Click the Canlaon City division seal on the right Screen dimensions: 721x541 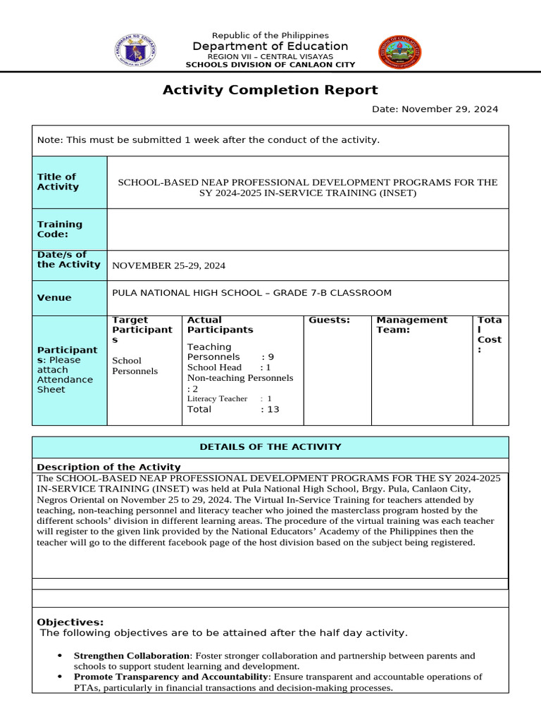400,52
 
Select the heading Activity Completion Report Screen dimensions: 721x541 270,90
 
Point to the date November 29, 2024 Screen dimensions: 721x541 435,109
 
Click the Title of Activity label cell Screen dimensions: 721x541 69,182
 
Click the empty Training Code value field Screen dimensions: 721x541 307,230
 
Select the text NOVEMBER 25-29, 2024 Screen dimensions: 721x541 169,265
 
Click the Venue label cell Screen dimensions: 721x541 69,298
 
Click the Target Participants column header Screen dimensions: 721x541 142,330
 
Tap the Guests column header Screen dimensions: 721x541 329,320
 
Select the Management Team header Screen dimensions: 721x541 411,325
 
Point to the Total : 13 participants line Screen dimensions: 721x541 232,409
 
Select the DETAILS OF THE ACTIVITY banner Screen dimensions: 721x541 270,447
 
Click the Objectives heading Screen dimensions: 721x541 70,622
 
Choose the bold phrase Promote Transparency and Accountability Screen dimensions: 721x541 171,677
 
